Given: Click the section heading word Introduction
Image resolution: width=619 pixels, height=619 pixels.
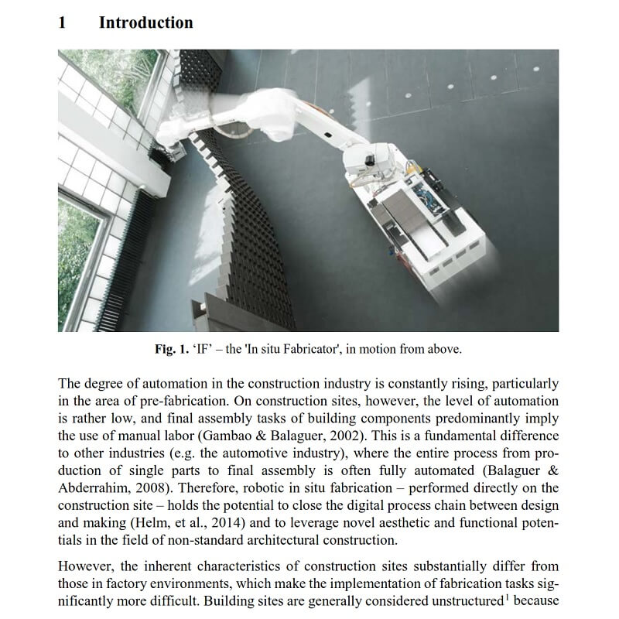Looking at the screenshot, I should coord(145,22).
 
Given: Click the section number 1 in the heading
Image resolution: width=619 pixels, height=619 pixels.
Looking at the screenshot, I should coord(63,22).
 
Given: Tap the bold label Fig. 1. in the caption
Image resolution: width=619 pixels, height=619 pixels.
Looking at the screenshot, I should coord(171,349).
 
